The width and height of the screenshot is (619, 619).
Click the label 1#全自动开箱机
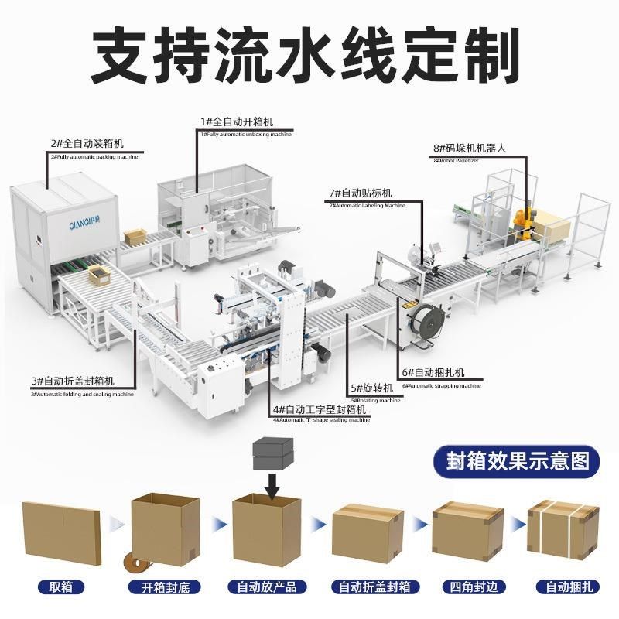point(237,122)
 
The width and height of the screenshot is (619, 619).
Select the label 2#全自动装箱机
point(87,144)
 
